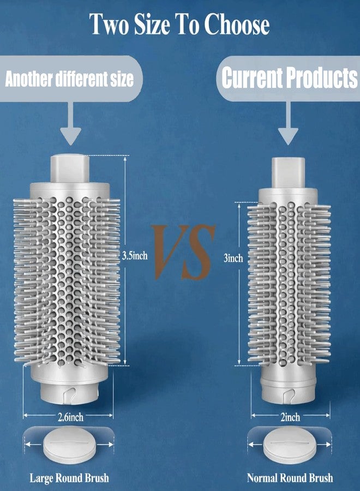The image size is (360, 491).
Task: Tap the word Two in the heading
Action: click(x=109, y=24)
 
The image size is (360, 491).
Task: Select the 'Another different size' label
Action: click(x=69, y=79)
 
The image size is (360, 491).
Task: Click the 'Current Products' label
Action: click(x=290, y=77)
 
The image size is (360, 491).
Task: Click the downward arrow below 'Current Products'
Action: click(x=288, y=123)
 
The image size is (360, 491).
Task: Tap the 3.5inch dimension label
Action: click(x=135, y=255)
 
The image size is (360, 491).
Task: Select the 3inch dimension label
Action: click(x=233, y=258)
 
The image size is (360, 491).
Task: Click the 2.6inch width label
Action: click(x=70, y=417)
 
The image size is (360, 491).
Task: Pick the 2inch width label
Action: click(x=290, y=417)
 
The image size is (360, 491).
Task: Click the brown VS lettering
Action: click(x=185, y=252)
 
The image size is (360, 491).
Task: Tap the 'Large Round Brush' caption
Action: click(x=69, y=478)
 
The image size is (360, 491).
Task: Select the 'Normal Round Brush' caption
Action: click(x=290, y=478)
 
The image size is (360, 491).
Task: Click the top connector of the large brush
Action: click(x=70, y=168)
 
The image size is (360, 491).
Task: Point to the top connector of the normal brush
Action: click(x=288, y=172)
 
